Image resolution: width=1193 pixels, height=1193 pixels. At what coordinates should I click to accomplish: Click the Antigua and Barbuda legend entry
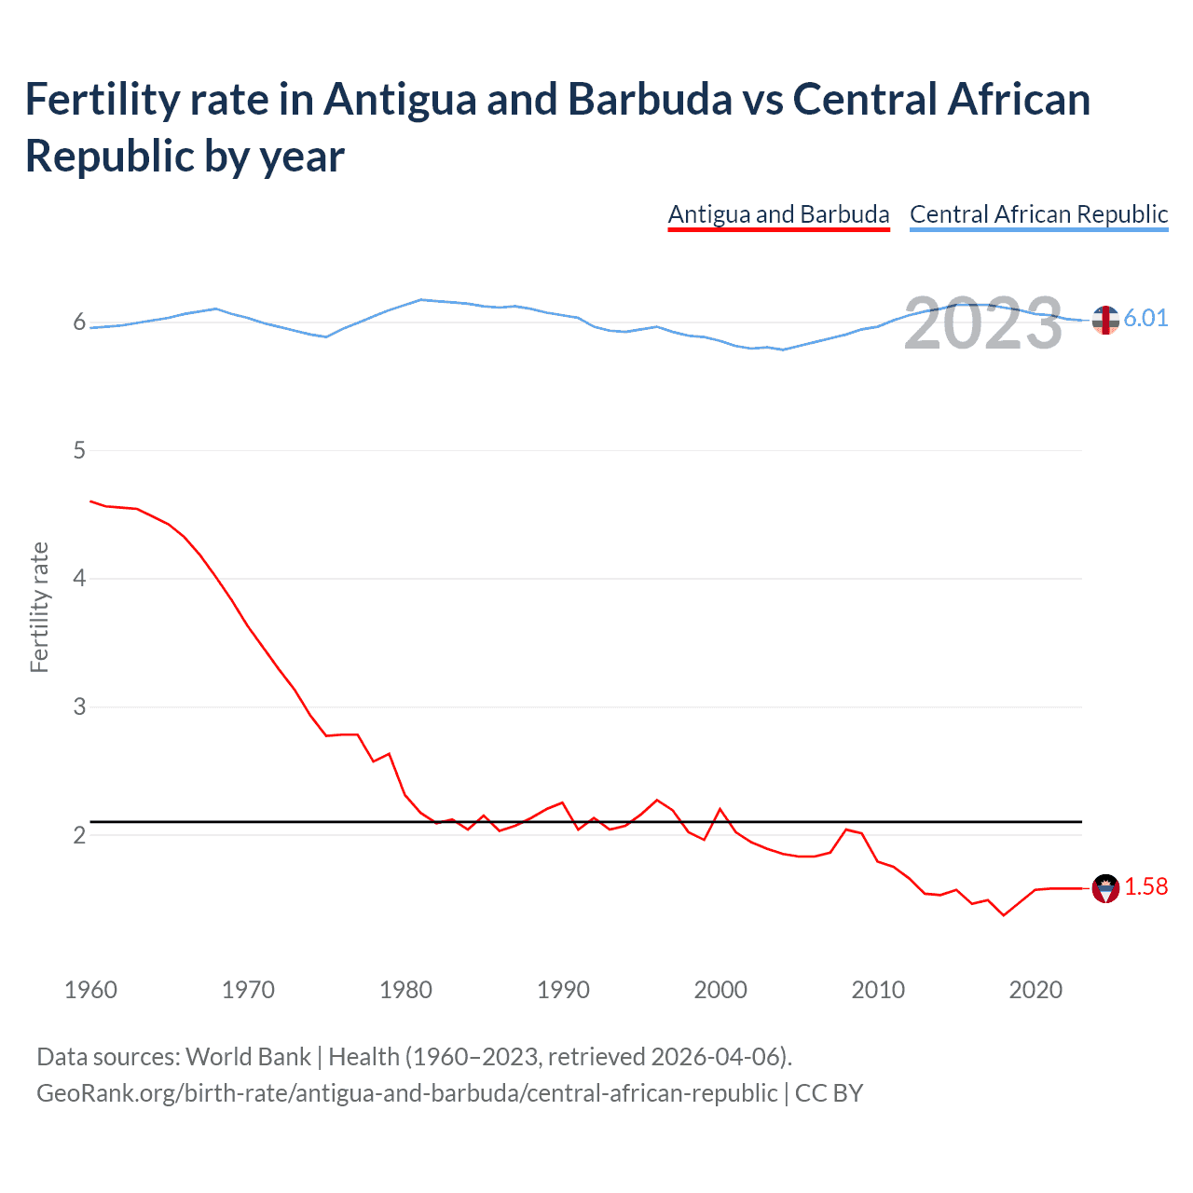click(778, 214)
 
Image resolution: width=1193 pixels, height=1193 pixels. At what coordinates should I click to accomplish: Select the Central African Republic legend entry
click(1038, 214)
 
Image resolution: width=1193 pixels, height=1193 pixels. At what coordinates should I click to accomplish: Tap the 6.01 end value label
click(1145, 318)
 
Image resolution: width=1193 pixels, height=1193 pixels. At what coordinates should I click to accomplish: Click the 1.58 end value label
click(1145, 886)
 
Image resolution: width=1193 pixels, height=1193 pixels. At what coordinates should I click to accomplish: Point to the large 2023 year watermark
click(983, 323)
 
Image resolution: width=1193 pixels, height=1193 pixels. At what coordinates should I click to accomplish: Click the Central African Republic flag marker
click(1105, 320)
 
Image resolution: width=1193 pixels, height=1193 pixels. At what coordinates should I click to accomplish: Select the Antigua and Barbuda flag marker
click(1105, 888)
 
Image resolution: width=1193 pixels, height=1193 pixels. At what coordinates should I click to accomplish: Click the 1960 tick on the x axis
click(90, 990)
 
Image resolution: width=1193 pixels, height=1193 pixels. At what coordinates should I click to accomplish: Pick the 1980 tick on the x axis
click(405, 990)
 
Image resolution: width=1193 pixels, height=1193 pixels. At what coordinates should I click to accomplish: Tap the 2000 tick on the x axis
click(720, 990)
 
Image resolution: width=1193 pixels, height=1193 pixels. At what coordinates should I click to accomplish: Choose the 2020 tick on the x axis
click(1035, 990)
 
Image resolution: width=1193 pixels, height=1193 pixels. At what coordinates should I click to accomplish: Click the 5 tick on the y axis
click(79, 451)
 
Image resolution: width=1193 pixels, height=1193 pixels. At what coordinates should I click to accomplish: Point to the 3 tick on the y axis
click(79, 706)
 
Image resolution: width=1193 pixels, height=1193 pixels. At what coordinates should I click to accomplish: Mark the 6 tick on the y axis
click(79, 323)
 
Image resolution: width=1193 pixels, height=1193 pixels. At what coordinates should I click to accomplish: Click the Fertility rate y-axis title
click(39, 607)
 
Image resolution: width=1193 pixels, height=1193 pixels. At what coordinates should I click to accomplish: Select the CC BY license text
click(829, 1092)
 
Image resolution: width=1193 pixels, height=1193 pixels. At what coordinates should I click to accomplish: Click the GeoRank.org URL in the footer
click(406, 1092)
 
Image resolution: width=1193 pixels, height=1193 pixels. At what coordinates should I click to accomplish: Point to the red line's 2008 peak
click(846, 829)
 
